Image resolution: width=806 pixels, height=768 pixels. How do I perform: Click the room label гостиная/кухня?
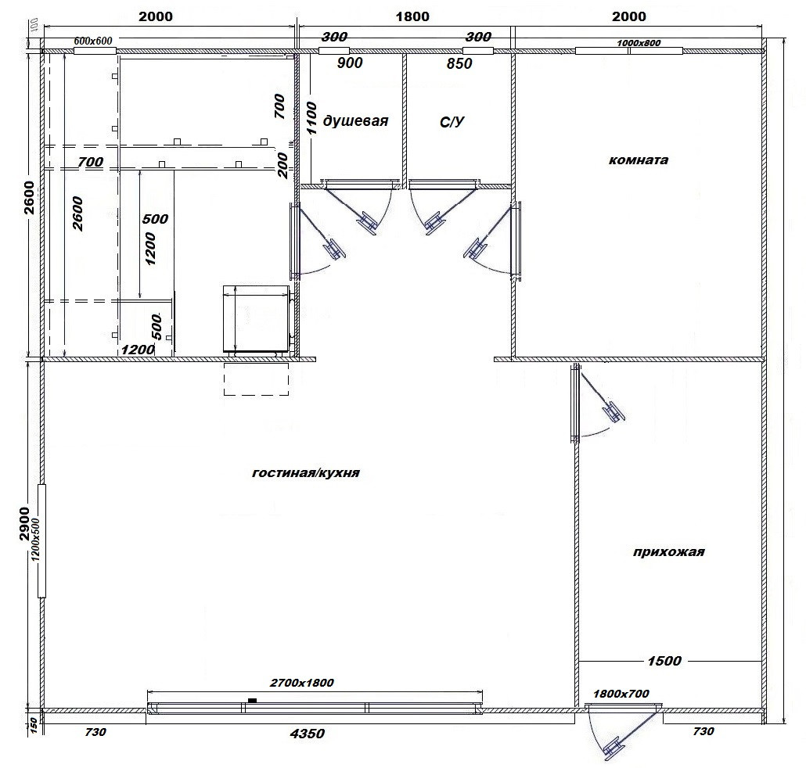[x=305, y=472]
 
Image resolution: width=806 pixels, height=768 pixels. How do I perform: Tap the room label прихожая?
[x=668, y=552]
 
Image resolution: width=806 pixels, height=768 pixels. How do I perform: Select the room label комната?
[x=639, y=160]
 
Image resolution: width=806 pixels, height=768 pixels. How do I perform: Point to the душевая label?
[x=355, y=121]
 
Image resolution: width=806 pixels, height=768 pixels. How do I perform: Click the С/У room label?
[x=452, y=122]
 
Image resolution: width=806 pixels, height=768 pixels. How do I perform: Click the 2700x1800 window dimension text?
[x=302, y=683]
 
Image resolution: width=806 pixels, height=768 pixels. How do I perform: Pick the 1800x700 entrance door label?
[x=621, y=694]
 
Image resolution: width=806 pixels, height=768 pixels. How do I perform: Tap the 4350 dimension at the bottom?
[x=308, y=733]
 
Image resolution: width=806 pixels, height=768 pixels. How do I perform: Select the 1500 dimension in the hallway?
[x=664, y=661]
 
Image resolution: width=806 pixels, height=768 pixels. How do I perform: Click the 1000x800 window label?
[x=639, y=43]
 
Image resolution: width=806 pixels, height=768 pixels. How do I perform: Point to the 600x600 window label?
[x=93, y=41]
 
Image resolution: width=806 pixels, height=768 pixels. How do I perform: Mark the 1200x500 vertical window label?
[x=35, y=540]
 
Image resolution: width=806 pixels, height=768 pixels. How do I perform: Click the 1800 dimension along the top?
[x=412, y=16]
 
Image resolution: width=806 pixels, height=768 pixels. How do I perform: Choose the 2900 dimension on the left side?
[x=24, y=524]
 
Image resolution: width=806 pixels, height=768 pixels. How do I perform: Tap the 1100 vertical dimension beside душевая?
[x=311, y=117]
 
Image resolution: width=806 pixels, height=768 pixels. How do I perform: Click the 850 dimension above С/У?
[x=459, y=63]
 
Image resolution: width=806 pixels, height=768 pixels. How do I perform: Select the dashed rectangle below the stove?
[x=256, y=379]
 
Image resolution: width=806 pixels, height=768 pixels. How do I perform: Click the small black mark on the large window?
[x=253, y=700]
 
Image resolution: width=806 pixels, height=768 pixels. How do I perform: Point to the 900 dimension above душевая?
[x=350, y=63]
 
